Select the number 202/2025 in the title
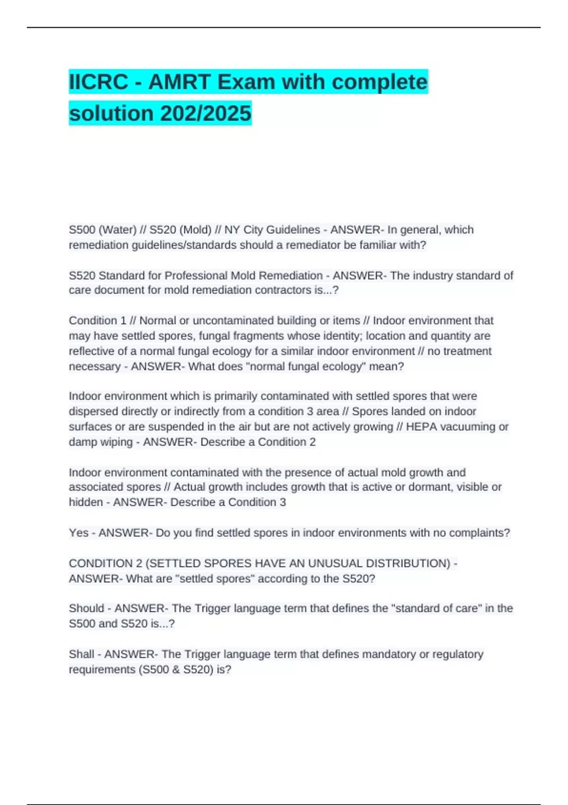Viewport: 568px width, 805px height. coord(205,113)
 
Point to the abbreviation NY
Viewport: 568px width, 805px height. coord(232,230)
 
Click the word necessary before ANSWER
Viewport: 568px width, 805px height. coord(95,367)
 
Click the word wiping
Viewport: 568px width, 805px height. coord(119,442)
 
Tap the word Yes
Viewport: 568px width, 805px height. coord(79,533)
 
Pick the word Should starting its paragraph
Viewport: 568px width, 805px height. coord(86,608)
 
